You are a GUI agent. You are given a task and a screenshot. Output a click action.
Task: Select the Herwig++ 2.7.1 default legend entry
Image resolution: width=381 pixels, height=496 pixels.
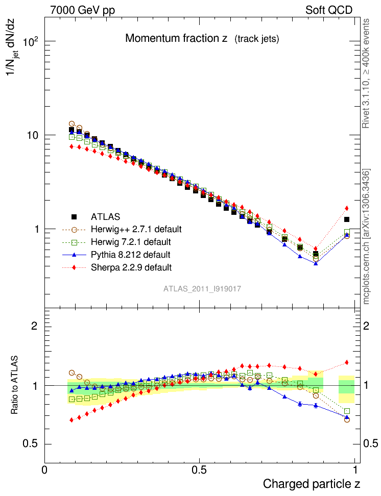point(136,229)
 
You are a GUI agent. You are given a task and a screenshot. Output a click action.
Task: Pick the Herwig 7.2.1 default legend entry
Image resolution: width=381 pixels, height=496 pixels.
point(132,241)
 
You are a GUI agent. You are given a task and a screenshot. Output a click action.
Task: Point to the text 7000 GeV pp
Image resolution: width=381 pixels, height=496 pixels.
point(83,10)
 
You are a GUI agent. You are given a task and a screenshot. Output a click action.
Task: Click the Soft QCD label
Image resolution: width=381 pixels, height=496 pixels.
point(329,10)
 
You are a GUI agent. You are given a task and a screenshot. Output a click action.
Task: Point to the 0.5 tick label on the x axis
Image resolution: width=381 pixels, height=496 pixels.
point(200,470)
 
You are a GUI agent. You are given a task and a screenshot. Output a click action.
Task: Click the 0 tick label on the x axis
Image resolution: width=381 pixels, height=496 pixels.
point(45,470)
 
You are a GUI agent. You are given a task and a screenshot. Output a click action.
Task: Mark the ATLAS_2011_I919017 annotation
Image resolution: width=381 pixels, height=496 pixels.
point(202,289)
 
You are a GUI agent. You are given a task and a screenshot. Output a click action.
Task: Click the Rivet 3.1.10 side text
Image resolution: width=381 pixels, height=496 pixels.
point(366,82)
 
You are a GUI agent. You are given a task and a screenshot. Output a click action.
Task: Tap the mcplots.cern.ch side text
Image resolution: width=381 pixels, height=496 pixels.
point(366,237)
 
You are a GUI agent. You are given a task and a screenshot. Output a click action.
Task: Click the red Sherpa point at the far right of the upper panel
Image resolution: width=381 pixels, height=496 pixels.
point(347,208)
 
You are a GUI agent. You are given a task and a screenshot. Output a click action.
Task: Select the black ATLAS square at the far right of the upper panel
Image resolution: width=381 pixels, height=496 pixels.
point(347,219)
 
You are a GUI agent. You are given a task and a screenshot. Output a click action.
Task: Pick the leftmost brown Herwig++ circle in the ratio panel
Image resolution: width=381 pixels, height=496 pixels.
point(72,373)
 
